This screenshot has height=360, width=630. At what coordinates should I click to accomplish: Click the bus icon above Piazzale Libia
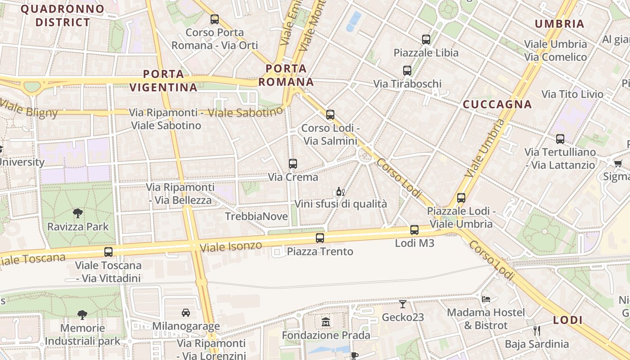(x=426, y=40)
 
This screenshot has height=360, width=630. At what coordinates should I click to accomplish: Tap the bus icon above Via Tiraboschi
(x=407, y=71)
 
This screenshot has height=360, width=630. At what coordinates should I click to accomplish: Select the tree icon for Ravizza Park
(x=78, y=213)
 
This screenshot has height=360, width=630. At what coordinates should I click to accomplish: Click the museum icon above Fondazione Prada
(x=326, y=322)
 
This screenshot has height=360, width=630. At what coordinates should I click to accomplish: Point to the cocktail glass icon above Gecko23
(x=403, y=304)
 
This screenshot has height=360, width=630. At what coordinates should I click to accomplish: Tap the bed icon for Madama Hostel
(x=486, y=299)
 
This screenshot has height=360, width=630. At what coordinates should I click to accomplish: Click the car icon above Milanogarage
(x=185, y=312)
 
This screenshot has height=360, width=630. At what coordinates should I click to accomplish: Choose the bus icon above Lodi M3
(x=414, y=230)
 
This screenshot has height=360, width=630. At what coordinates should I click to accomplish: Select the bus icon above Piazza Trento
(x=320, y=238)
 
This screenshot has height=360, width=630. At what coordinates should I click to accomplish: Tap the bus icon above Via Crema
(x=293, y=164)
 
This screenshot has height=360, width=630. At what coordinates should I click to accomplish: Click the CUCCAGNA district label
(x=497, y=105)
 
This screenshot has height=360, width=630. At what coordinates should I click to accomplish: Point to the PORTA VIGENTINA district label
(x=164, y=81)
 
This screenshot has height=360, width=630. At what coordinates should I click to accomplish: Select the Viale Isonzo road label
(x=231, y=247)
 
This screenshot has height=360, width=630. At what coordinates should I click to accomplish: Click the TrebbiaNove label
(x=256, y=216)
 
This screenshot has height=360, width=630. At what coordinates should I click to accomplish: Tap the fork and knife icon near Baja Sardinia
(x=536, y=331)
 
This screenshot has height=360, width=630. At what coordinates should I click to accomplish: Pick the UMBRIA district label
(x=559, y=24)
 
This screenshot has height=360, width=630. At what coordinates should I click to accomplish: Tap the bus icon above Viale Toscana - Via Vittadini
(x=108, y=252)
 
